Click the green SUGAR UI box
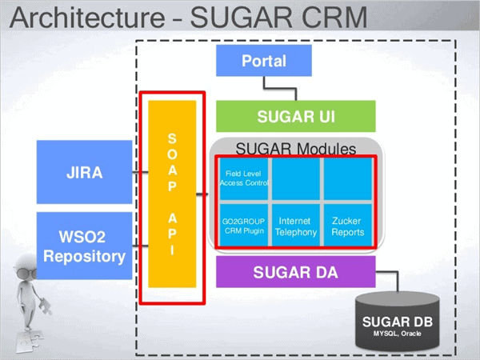click(x=295, y=117)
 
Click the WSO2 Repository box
click(x=84, y=246)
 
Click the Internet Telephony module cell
click(x=294, y=226)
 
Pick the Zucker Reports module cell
click(x=347, y=226)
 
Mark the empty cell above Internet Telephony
click(x=294, y=178)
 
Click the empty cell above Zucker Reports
click(x=347, y=178)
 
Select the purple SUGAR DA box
click(x=295, y=272)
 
